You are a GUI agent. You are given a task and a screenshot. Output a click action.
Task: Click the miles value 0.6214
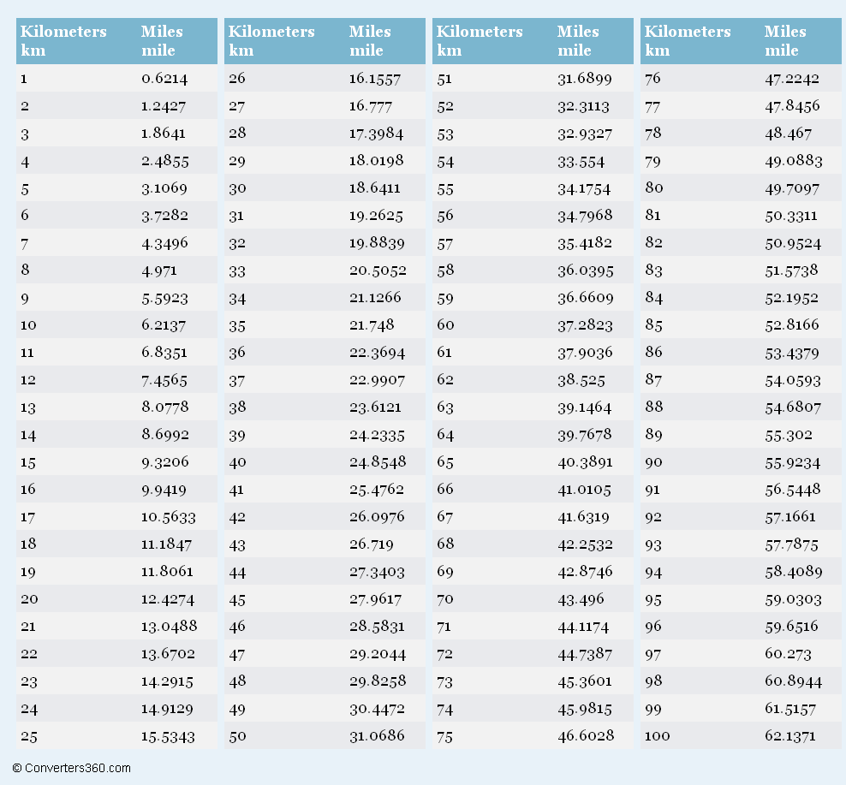click(164, 79)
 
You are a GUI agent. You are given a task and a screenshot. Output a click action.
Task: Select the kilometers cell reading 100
click(657, 736)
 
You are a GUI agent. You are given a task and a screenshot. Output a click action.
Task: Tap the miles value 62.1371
click(790, 736)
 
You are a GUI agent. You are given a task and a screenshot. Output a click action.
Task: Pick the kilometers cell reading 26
click(237, 79)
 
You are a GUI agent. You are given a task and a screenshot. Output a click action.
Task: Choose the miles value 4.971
click(159, 271)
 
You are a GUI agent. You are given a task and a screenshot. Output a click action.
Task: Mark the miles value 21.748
click(372, 325)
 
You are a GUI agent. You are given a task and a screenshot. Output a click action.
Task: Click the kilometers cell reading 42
click(237, 517)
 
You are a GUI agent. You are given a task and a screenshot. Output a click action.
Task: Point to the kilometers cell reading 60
click(445, 325)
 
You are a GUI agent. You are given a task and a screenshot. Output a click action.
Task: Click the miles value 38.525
click(581, 380)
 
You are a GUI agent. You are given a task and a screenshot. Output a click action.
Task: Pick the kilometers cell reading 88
click(653, 407)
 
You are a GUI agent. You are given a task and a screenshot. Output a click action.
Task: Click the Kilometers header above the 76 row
click(688, 33)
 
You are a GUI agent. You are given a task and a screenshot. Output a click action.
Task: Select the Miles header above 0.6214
click(162, 33)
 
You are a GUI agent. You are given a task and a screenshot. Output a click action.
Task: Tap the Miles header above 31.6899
click(578, 33)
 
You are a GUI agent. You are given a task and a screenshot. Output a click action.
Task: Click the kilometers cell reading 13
click(28, 407)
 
